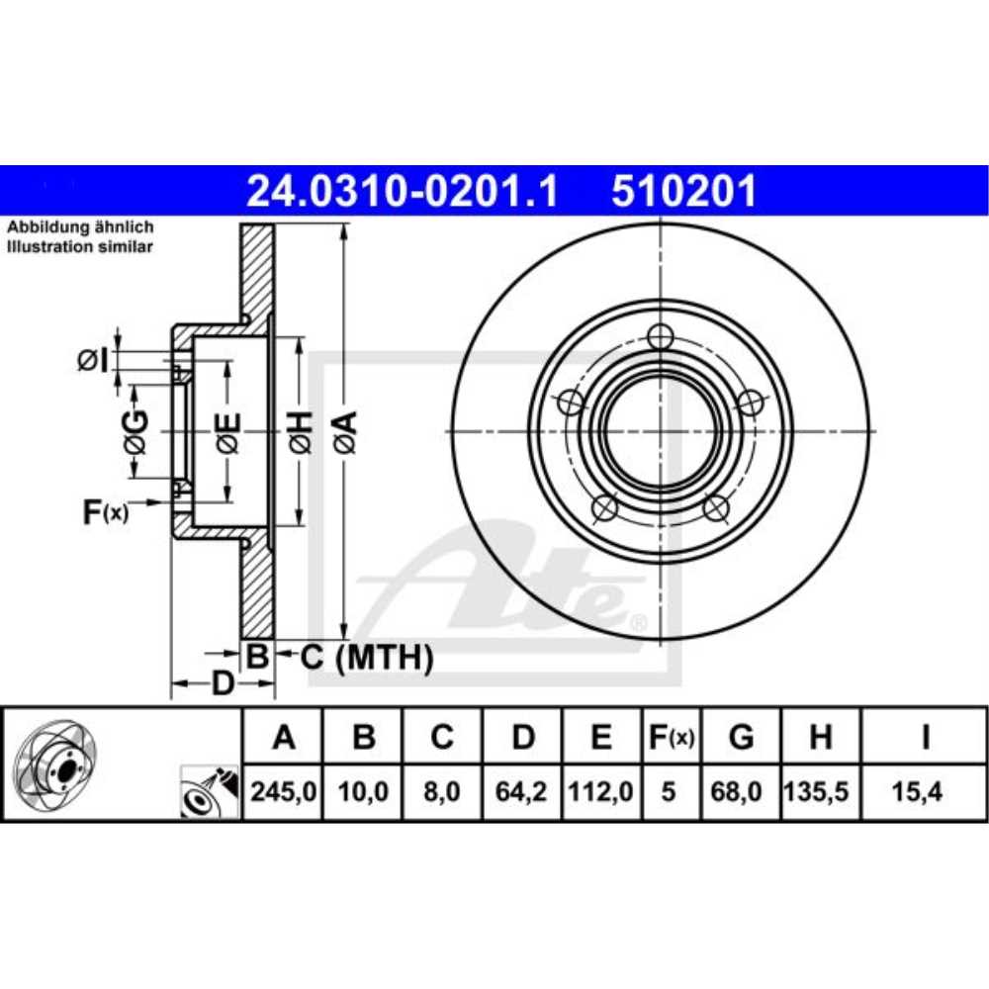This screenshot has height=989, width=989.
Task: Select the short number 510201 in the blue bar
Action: coord(684,190)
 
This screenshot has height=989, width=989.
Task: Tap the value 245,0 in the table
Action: coord(284,792)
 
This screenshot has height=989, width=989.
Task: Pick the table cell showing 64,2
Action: coord(524,792)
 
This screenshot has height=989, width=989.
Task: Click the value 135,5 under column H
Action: coord(820,792)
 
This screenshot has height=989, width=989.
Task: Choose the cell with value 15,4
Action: coord(924,792)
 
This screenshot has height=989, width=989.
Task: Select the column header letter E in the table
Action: coord(602,737)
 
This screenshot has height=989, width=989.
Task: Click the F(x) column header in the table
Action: coord(671,737)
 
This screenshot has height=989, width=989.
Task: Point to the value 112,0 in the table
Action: coord(602,792)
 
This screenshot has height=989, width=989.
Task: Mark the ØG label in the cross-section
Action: coord(135,432)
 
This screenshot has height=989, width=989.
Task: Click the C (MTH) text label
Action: coord(367,657)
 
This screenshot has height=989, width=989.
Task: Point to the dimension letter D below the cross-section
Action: coord(223,682)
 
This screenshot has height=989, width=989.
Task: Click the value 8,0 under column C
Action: coord(442,792)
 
